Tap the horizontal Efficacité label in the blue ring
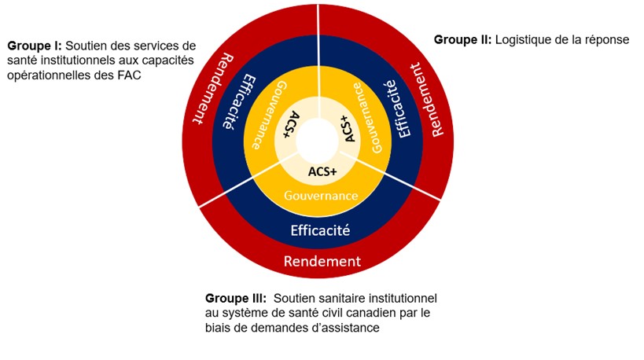(320, 230)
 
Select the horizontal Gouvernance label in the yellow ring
(320, 196)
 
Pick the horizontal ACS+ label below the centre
(320, 172)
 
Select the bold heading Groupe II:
(462, 39)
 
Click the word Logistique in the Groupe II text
(526, 39)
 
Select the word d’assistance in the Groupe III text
(346, 329)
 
